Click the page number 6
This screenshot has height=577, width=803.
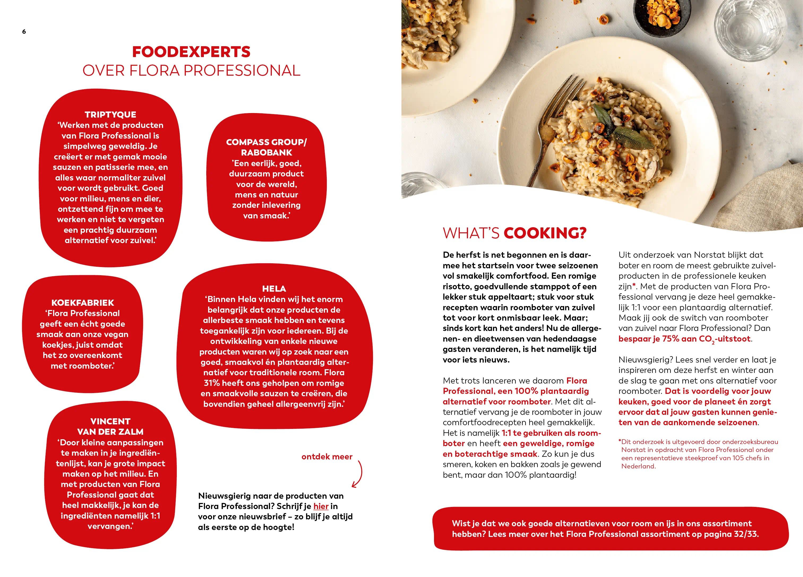(24, 32)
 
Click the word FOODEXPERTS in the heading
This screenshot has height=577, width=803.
(191, 52)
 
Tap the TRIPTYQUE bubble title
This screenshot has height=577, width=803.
(110, 114)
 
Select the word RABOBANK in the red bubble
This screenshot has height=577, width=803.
(267, 153)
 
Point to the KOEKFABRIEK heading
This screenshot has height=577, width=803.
(83, 303)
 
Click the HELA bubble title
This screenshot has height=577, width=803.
(274, 288)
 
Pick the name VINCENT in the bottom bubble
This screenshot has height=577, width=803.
(110, 421)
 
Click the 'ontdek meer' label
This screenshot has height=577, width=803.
(327, 457)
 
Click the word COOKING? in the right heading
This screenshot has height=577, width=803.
(545, 233)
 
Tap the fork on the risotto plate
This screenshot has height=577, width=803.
(559, 113)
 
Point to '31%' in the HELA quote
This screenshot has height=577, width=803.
(212, 383)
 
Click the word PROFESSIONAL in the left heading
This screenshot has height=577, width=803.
(242, 71)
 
